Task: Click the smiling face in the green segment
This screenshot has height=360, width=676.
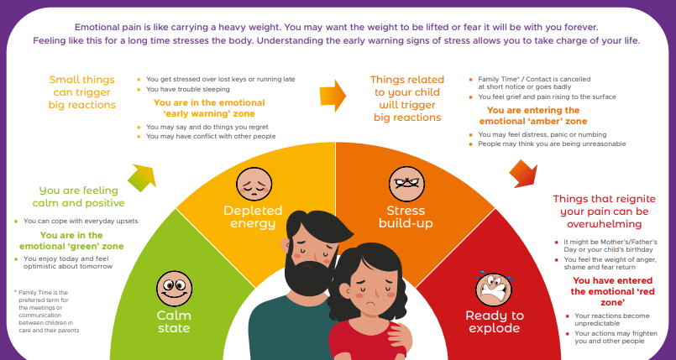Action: [174, 289]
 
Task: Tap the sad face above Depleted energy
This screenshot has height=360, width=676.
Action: [254, 184]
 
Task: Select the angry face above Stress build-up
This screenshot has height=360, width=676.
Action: [406, 184]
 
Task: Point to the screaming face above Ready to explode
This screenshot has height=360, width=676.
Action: [494, 289]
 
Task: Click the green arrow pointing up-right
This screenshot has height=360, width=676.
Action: [142, 177]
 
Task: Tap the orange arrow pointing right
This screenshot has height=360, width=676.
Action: [333, 96]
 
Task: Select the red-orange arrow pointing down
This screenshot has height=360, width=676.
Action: [523, 174]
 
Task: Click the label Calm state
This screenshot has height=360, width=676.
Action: [174, 321]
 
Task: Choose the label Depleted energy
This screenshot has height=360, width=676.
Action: [253, 217]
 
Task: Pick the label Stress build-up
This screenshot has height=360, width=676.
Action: [406, 217]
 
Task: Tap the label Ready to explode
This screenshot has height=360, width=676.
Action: [495, 321]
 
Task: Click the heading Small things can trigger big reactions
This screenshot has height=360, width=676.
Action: [82, 92]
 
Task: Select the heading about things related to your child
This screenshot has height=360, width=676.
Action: [407, 99]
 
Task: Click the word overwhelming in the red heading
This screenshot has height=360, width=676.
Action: [604, 224]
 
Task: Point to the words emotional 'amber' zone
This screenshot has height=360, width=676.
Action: [533, 122]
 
